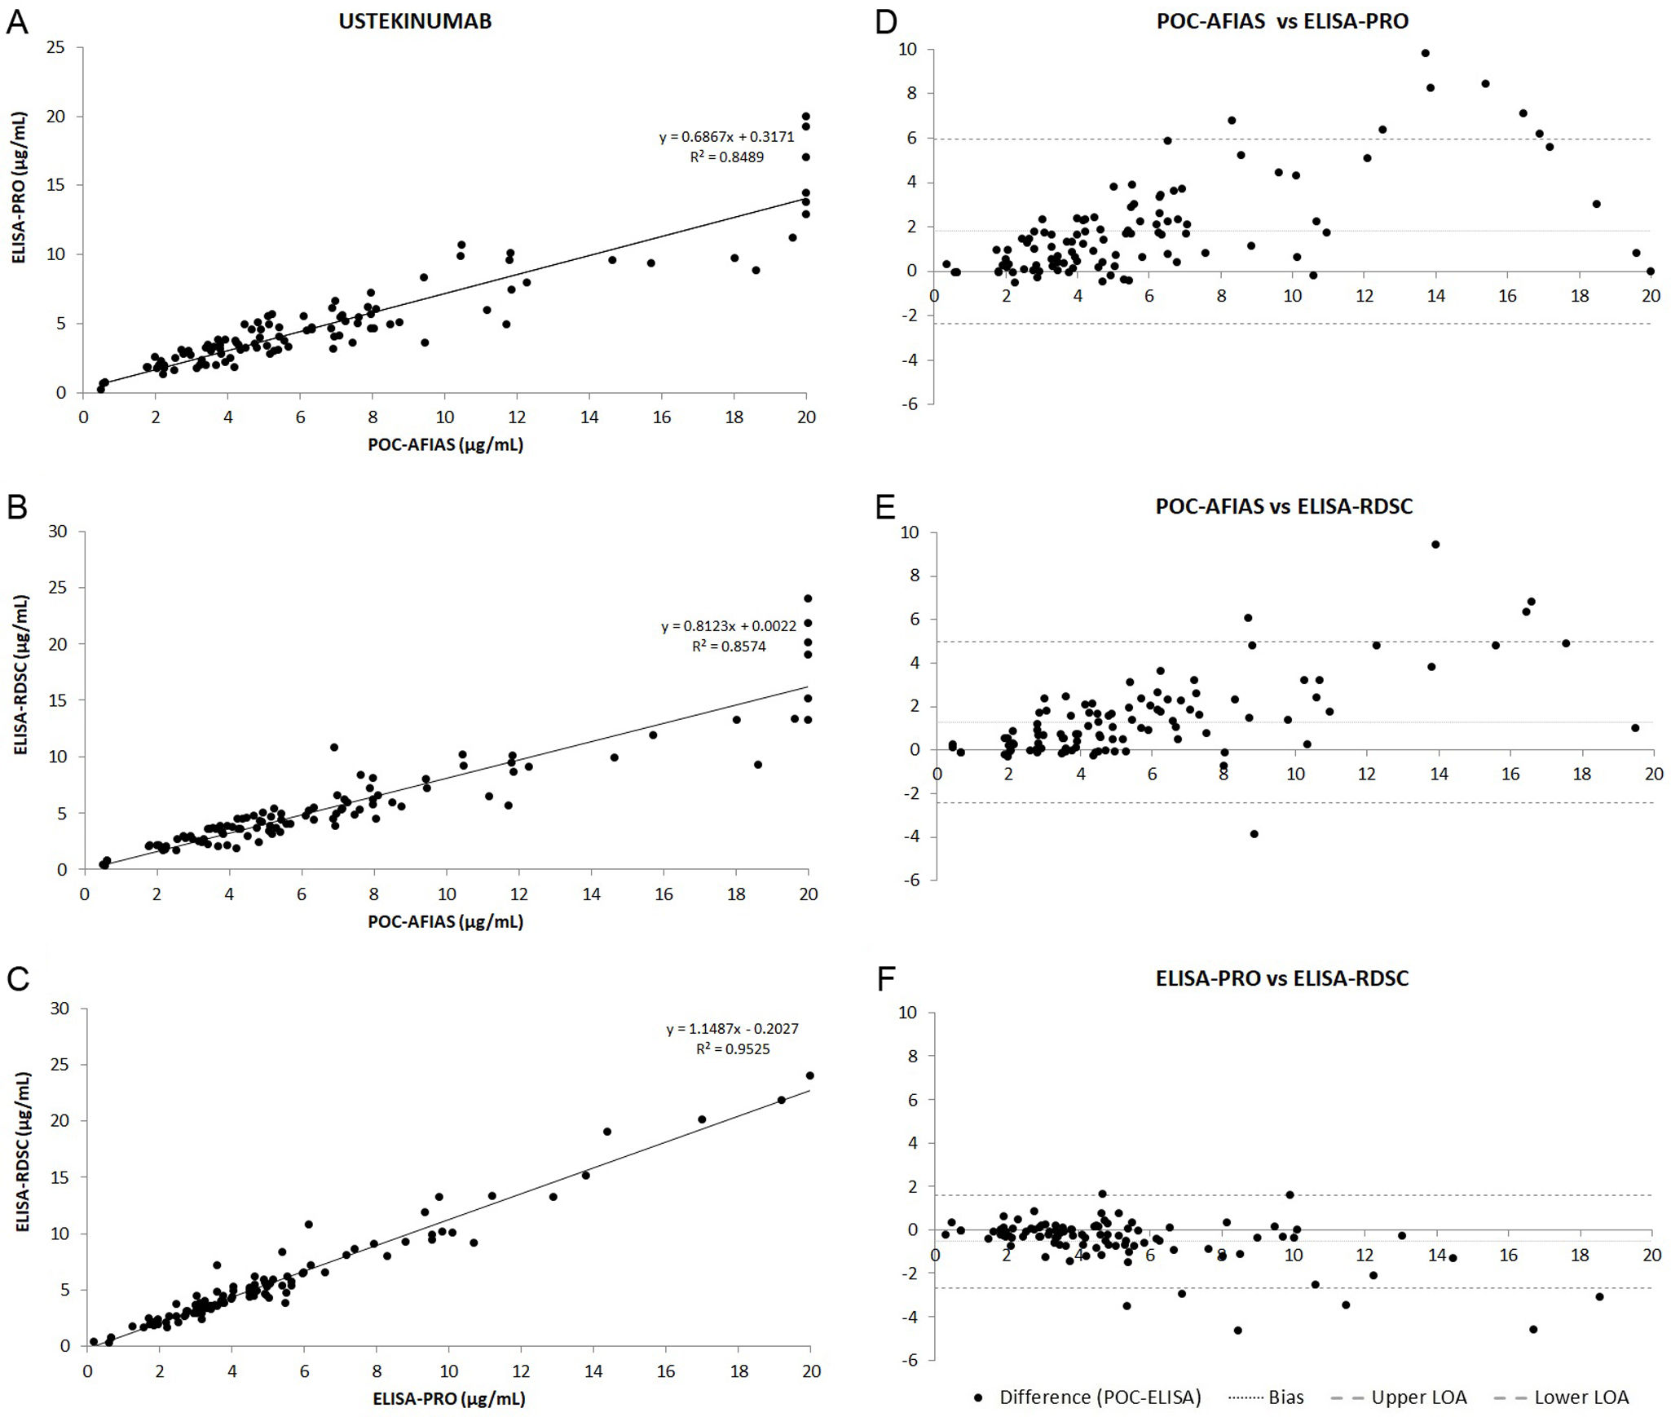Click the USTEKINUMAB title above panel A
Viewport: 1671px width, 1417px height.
[x=415, y=21]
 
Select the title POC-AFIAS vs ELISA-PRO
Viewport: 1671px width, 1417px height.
[x=1282, y=21]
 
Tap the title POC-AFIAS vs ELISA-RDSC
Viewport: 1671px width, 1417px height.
[x=1284, y=506]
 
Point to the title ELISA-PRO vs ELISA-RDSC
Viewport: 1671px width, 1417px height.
[x=1282, y=978]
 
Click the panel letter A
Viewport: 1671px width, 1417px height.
[x=17, y=22]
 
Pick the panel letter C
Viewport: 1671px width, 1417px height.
[x=17, y=978]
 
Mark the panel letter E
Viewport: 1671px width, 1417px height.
[x=884, y=506]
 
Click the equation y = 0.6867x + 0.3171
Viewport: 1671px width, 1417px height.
[x=726, y=137]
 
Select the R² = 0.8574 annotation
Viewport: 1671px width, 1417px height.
[x=729, y=647]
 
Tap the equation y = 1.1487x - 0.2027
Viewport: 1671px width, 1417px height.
[x=732, y=1029]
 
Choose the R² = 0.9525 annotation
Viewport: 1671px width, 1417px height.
[x=732, y=1049]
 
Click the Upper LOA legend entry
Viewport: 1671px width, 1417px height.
[x=1418, y=1397]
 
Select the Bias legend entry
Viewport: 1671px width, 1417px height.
[x=1285, y=1397]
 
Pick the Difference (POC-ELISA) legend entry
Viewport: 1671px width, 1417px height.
[x=1100, y=1397]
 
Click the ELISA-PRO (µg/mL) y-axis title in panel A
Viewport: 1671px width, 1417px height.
[x=20, y=188]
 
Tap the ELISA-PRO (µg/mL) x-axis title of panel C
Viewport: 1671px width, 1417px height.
[x=449, y=1399]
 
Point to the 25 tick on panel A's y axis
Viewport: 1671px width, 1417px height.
[x=55, y=47]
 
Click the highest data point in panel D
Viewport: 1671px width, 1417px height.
[x=1425, y=53]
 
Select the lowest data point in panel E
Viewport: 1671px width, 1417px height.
[x=1254, y=834]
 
